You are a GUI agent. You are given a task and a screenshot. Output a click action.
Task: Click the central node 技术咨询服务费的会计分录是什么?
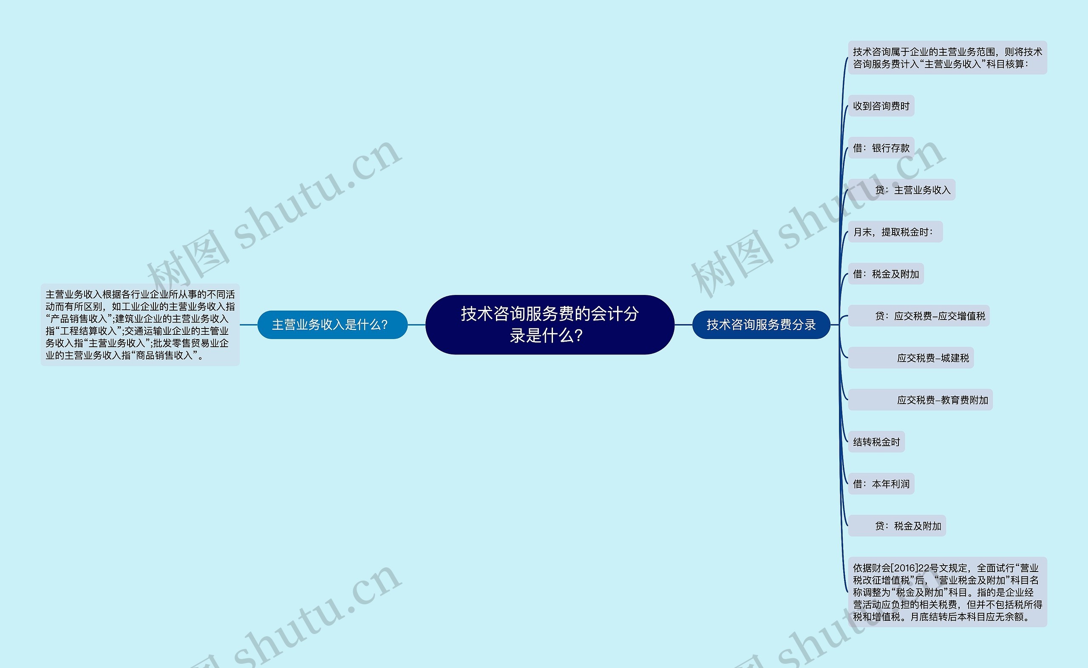coord(550,324)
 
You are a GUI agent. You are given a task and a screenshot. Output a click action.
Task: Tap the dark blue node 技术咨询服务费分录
coord(761,325)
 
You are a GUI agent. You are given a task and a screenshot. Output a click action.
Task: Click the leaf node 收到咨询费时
coord(881,106)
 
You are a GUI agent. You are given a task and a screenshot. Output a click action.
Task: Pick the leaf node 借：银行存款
coord(881,148)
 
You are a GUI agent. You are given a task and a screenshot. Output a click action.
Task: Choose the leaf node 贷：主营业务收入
coord(912,190)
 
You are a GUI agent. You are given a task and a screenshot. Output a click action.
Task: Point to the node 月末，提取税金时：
coord(895,232)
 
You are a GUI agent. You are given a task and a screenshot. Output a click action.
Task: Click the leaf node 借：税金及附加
coord(886,274)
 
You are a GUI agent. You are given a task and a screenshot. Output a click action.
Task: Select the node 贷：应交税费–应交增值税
coord(929,316)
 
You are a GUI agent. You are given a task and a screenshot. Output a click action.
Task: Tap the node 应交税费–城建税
coord(932,358)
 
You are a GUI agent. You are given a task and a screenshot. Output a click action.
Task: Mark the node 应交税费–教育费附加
coord(942,400)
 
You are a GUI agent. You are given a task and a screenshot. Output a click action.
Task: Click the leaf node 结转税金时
coord(876,442)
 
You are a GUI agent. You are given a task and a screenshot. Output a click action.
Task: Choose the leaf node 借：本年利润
coord(881,484)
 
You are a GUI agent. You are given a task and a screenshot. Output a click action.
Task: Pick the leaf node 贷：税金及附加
coord(908,526)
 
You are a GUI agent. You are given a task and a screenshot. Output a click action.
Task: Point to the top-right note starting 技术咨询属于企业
coord(947,58)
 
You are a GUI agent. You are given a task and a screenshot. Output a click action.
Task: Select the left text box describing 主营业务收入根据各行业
coord(139,325)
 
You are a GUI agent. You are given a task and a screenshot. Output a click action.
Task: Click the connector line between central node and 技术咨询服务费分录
coord(683,325)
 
